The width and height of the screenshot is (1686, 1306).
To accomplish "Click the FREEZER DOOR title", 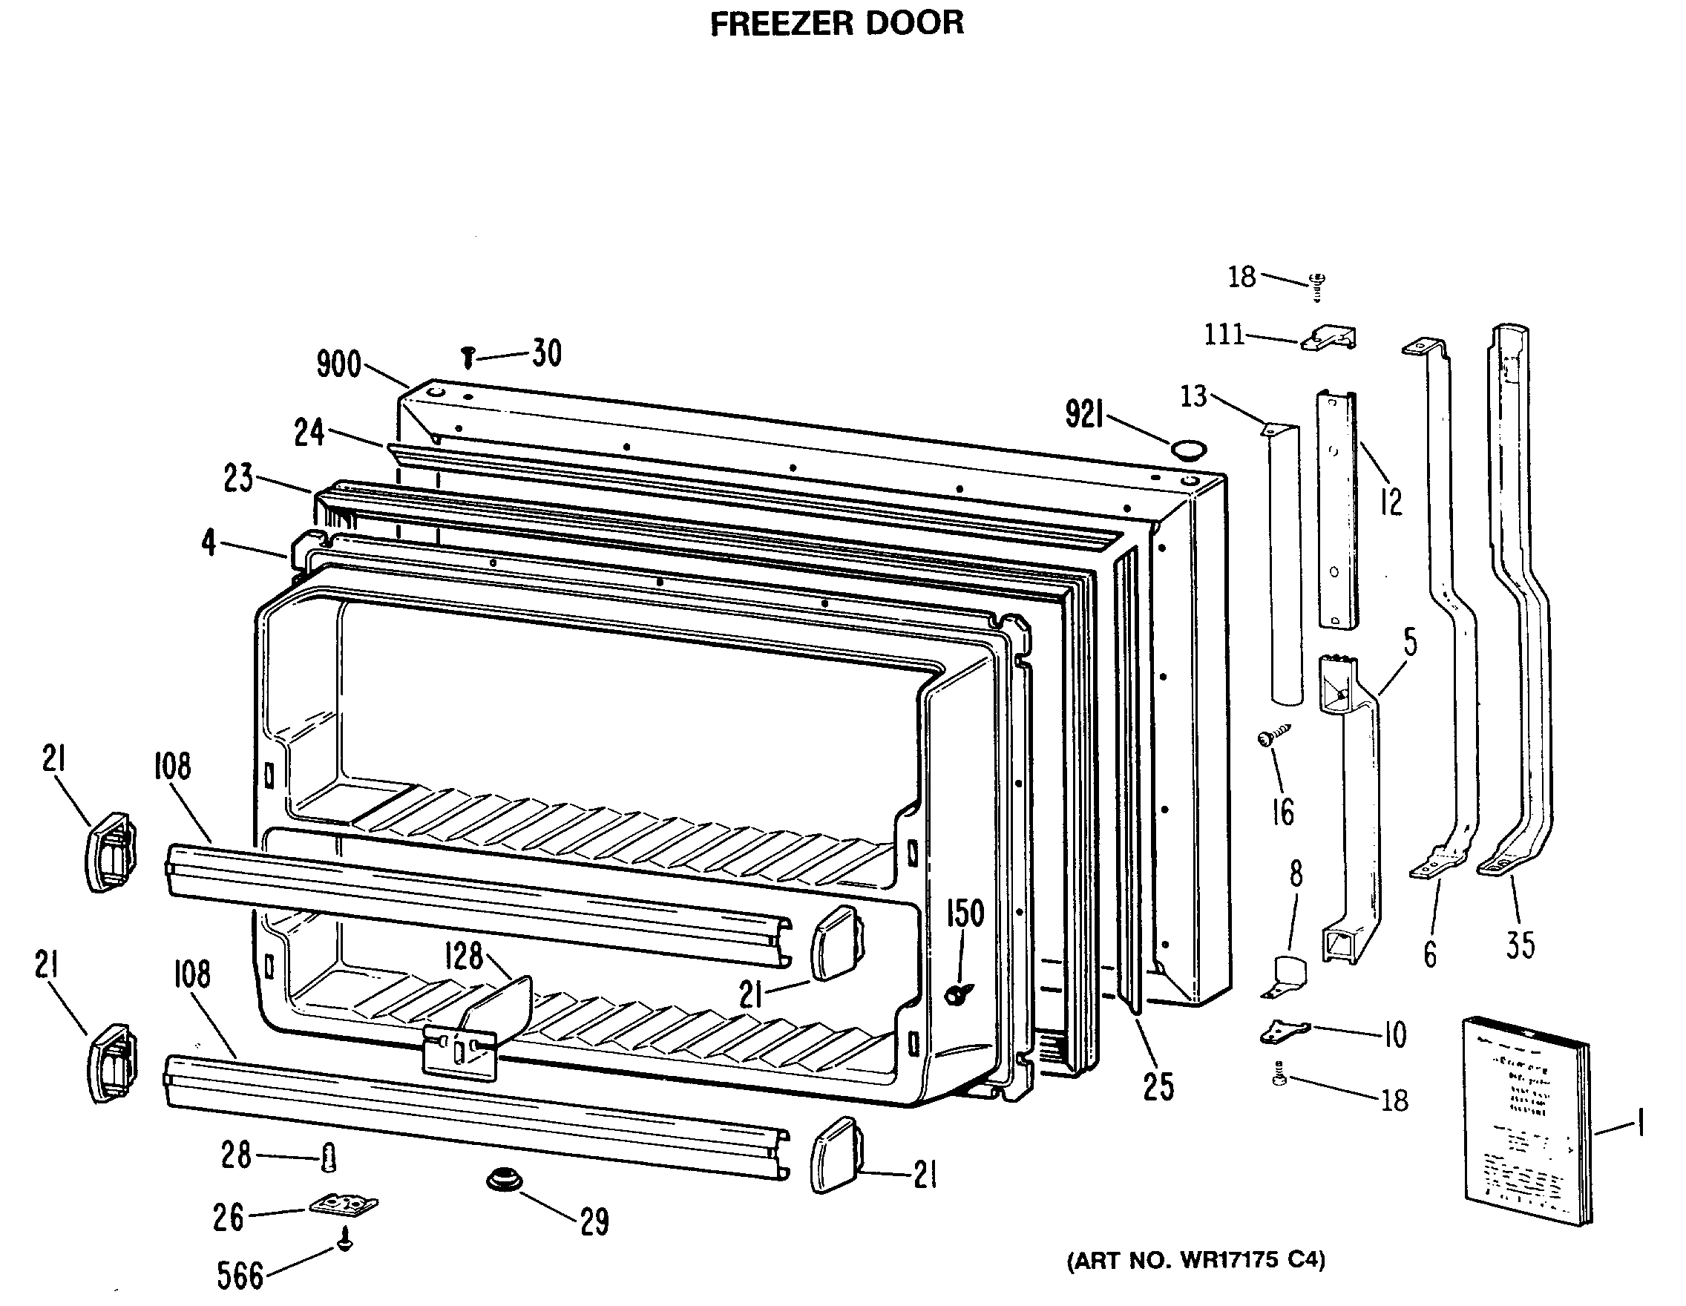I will click(x=837, y=23).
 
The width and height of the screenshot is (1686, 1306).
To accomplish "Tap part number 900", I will click(x=339, y=364).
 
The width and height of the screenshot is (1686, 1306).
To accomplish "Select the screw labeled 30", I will click(x=467, y=358).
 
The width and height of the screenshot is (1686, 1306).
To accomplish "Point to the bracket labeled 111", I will click(x=1328, y=338).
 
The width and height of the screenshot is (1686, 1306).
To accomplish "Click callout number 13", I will click(x=1193, y=396).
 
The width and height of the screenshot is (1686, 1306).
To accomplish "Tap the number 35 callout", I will click(x=1520, y=945).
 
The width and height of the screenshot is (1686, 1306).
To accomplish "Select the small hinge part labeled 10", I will click(x=1284, y=1031).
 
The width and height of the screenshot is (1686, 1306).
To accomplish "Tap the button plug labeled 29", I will click(x=503, y=1180).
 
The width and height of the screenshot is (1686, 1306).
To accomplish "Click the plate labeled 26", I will click(x=344, y=1205).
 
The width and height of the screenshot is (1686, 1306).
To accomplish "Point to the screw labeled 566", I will click(x=346, y=1242).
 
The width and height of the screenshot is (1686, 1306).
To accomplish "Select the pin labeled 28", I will click(x=329, y=1157).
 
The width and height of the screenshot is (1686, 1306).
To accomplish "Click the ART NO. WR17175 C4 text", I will click(x=1195, y=1261).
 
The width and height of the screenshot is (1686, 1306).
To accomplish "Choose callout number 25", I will click(x=1158, y=1087).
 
